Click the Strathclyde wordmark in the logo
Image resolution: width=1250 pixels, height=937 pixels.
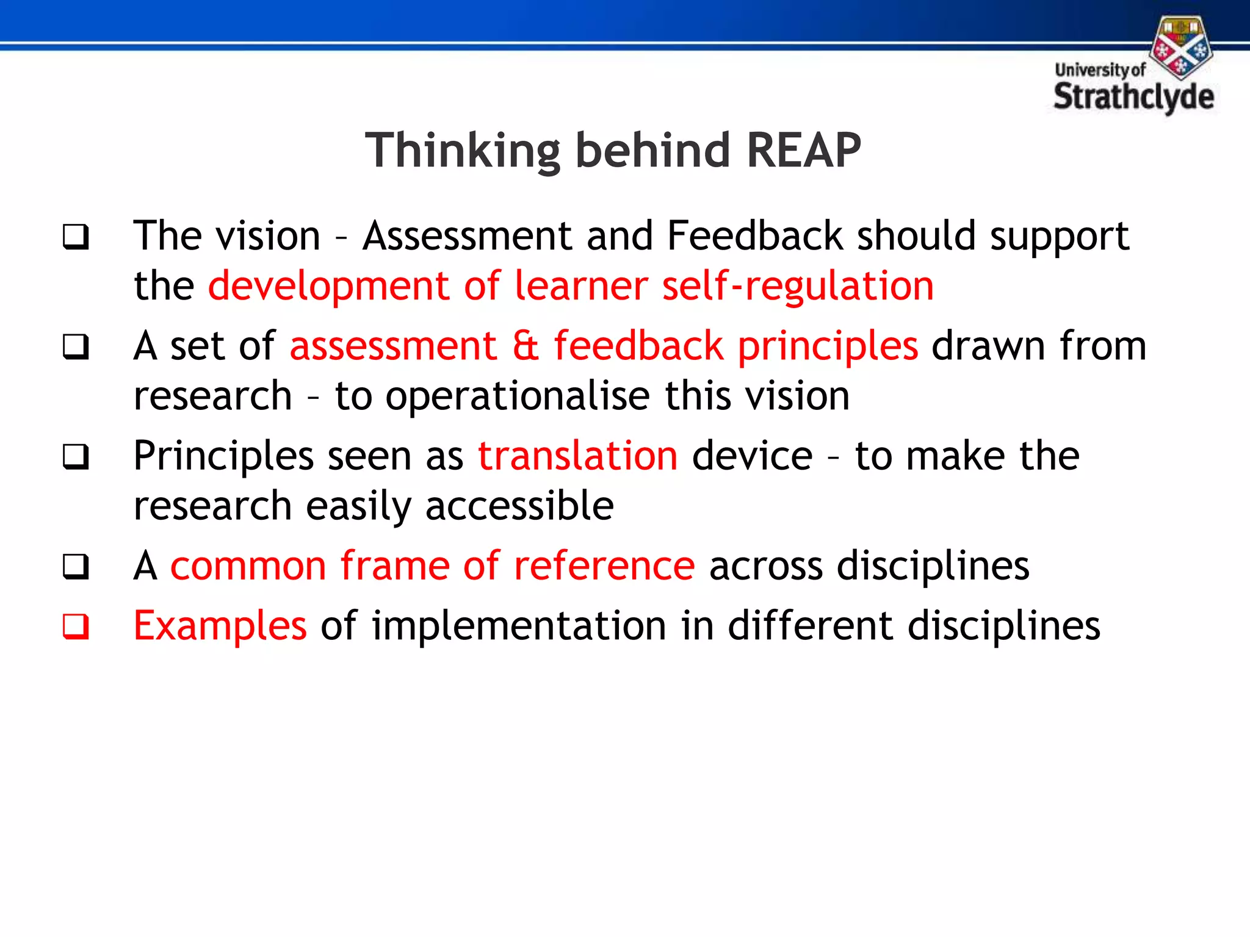coord(1133,98)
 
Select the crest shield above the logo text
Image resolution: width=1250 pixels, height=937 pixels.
coord(1181,48)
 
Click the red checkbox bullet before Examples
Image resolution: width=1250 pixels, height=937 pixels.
coord(76,626)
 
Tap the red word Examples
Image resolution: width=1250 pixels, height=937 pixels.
coord(220,626)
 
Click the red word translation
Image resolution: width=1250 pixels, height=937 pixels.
coord(577,456)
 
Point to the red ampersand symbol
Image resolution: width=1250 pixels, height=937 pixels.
coord(525,346)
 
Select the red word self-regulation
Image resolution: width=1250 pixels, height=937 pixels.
coord(798,285)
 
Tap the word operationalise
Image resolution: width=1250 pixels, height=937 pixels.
coord(518,396)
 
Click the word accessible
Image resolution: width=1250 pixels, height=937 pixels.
coord(519,506)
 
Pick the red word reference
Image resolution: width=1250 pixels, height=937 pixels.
coord(604,565)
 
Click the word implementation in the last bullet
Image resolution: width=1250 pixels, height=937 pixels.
coord(519,626)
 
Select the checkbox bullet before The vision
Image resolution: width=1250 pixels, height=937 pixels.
coord(76,237)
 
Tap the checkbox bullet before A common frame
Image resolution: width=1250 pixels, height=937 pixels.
coord(76,567)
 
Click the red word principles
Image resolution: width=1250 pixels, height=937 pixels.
coord(828,346)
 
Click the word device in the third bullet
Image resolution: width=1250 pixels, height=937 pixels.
coord(752,456)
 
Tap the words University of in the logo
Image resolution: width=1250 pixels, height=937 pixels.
coord(1100,70)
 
